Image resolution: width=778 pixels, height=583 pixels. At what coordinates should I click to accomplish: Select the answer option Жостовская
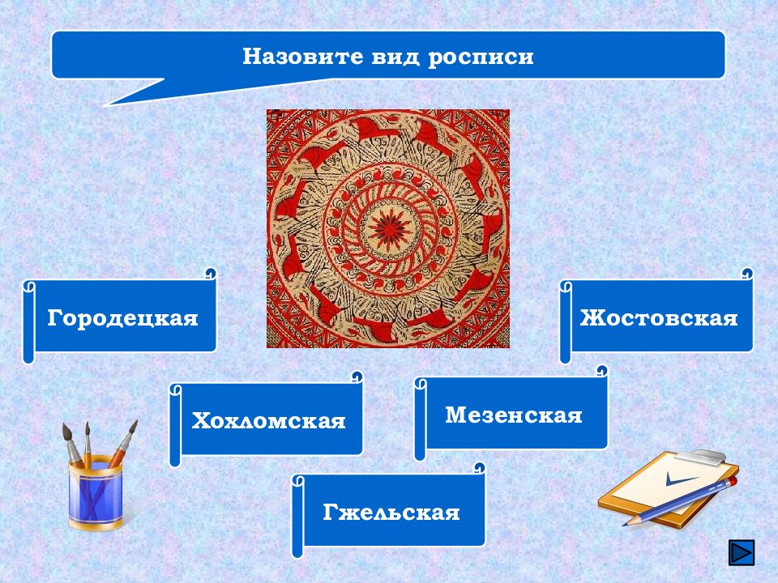657,317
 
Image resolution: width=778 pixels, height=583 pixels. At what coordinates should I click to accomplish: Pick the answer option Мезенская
511,415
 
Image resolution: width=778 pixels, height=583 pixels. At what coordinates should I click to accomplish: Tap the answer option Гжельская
389,512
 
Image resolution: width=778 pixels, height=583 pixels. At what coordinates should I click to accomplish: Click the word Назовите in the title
302,56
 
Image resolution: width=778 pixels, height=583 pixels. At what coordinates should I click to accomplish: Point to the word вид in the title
395,56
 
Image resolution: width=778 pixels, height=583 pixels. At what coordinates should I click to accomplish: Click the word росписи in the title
481,57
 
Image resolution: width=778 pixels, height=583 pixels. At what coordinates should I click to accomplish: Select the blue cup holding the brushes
96,492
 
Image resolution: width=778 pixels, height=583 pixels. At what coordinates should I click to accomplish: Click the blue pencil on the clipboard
680,500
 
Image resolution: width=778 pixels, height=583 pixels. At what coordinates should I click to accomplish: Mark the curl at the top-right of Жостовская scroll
748,273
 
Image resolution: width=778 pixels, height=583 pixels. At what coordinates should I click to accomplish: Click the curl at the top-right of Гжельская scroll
479,467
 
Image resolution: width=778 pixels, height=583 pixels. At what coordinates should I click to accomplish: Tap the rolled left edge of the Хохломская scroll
174,425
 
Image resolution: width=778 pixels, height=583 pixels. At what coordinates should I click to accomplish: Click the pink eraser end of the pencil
733,480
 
